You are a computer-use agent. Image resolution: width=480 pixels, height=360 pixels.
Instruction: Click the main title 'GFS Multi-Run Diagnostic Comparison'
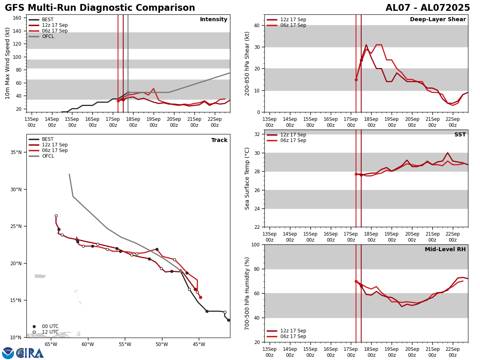(100, 8)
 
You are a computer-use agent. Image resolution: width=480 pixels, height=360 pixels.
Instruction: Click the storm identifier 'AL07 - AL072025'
(428, 8)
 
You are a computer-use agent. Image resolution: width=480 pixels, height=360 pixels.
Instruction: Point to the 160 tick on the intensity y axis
(18, 18)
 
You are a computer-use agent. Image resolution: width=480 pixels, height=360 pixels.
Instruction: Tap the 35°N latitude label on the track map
(16, 152)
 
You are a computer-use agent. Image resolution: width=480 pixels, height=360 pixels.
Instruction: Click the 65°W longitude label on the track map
(51, 344)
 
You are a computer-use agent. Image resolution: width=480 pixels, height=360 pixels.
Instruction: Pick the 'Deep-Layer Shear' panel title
(438, 20)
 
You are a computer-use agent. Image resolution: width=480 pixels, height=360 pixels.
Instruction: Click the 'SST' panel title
(460, 135)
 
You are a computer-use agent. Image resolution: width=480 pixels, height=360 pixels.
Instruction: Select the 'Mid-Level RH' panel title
(445, 250)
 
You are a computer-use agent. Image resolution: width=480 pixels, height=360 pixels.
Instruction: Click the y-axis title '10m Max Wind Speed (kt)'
(8, 63)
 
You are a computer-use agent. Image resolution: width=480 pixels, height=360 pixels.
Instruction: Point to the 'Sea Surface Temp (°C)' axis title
(247, 178)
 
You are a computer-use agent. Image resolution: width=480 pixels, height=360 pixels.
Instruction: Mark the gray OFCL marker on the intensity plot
(128, 92)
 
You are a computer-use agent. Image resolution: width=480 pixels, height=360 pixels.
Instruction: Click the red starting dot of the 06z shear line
(356, 80)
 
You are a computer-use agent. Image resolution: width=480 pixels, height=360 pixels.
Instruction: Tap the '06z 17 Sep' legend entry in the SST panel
(293, 140)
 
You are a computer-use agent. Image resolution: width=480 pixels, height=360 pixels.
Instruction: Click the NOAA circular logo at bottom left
(8, 353)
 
